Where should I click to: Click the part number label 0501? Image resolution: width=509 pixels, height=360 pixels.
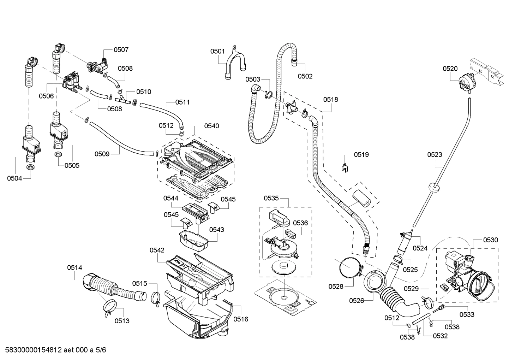click(x=217, y=51)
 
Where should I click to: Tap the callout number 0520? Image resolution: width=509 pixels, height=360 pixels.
click(x=450, y=69)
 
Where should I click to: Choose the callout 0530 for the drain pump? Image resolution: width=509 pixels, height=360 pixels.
click(x=491, y=240)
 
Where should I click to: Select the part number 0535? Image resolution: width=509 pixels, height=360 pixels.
click(x=271, y=198)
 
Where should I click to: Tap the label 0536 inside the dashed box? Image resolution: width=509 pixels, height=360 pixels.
click(x=300, y=223)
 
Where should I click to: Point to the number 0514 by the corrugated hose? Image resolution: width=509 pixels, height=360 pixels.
click(x=74, y=268)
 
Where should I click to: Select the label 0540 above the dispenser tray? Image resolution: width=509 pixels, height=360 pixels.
click(x=211, y=126)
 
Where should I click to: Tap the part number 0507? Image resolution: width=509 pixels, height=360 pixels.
click(x=121, y=50)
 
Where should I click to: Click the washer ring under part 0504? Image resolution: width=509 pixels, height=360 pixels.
click(x=31, y=167)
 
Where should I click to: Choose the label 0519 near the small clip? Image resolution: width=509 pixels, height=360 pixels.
click(x=361, y=154)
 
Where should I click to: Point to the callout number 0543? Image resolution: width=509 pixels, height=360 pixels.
click(x=216, y=230)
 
